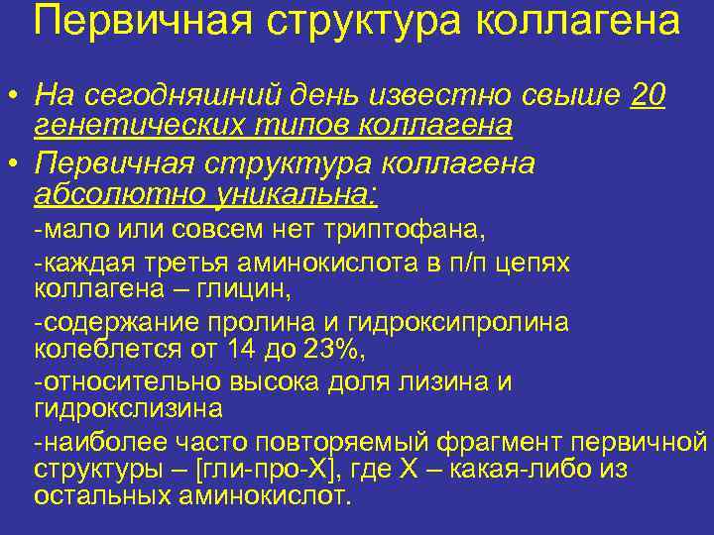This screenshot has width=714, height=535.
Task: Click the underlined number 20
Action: coord(648,96)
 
